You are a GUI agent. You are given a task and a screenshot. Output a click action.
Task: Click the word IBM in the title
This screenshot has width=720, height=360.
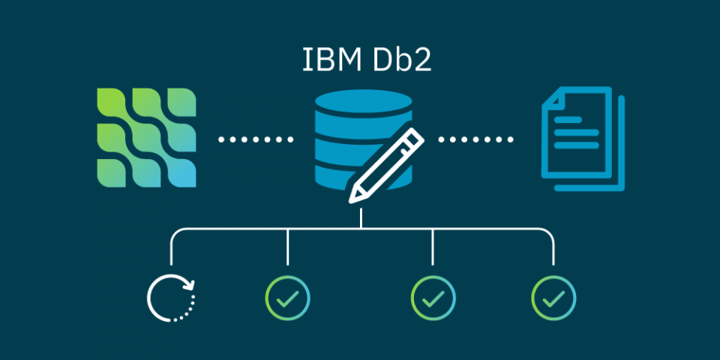tap(331, 60)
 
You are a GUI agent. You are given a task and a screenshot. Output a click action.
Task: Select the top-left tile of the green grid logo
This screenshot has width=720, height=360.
tap(111, 103)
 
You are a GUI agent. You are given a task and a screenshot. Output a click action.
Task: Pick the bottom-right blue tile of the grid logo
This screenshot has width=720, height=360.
tap(181, 173)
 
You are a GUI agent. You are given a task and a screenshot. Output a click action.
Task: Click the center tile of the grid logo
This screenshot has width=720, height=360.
tap(146, 138)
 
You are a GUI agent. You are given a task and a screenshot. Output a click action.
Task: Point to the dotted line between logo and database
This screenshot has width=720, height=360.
tap(255, 139)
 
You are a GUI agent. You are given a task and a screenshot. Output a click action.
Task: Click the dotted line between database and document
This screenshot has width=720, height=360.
tap(475, 139)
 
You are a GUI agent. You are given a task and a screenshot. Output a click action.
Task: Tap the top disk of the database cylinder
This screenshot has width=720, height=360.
tap(363, 101)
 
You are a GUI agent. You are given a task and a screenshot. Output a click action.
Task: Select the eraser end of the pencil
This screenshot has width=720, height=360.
tap(413, 138)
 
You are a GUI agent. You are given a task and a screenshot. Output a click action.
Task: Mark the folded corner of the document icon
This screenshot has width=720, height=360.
tap(553, 98)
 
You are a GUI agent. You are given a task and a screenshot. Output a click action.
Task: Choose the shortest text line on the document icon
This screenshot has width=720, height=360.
tap(568, 120)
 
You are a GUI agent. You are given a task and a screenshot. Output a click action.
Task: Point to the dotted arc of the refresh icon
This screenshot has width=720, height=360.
tap(187, 310)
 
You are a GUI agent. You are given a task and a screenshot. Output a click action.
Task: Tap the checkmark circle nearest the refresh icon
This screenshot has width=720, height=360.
tap(287, 298)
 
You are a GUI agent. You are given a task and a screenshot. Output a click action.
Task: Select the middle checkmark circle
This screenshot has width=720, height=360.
tap(433, 298)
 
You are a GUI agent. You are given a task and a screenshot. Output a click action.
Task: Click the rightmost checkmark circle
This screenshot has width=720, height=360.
tap(553, 298)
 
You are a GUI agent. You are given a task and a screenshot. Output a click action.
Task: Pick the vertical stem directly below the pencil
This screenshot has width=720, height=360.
tap(361, 217)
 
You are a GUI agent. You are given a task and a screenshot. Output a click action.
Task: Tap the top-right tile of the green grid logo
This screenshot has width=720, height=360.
tap(181, 103)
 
